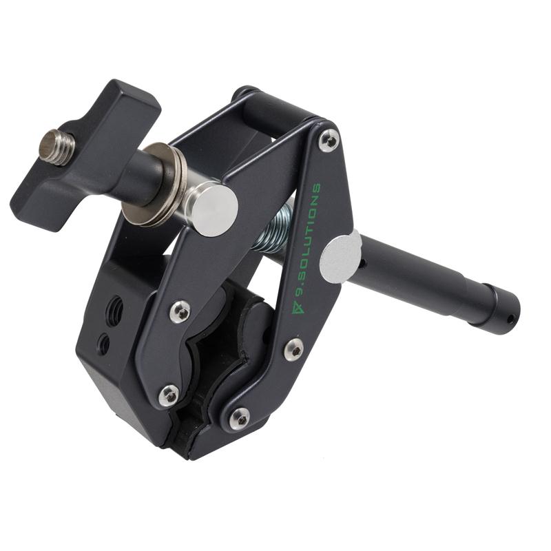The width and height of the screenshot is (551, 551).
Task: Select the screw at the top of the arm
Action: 329,141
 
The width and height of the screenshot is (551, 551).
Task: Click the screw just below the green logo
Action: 293,349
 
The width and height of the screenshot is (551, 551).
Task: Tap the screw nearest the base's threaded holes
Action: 180,311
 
